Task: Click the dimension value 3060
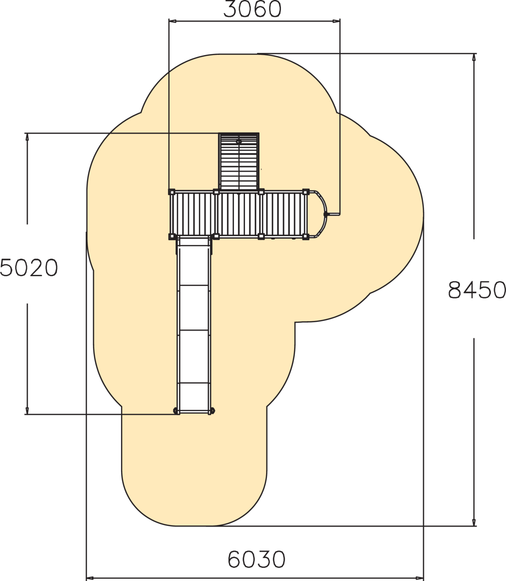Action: click(253, 9)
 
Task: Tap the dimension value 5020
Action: click(29, 268)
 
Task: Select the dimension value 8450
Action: click(477, 290)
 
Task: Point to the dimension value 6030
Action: click(256, 559)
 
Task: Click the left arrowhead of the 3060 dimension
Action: click(172, 21)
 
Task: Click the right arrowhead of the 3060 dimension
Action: click(336, 21)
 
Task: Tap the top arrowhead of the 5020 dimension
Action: click(27, 137)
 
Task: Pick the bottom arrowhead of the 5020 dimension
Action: click(27, 410)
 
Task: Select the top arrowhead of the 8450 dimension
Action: click(474, 57)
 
